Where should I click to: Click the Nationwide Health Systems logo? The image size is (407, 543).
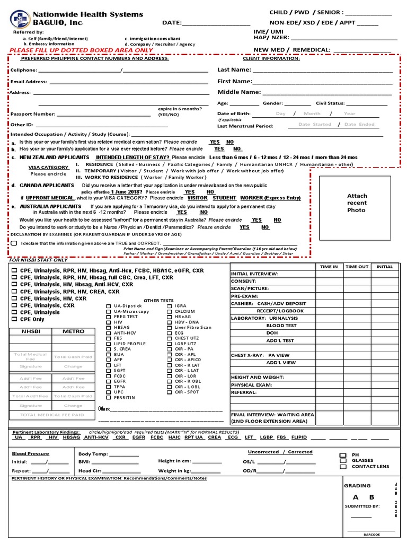click(20, 20)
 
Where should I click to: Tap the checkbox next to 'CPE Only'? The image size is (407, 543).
click(15, 320)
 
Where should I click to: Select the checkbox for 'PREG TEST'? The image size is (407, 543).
click(109, 317)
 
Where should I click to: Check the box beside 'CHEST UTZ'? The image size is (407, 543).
click(170, 338)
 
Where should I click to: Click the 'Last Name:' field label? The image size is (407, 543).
click(234, 70)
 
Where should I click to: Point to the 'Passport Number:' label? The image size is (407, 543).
click(32, 114)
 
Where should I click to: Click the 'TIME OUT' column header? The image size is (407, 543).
click(357, 267)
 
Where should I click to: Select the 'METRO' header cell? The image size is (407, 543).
click(73, 331)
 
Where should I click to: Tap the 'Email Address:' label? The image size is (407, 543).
click(29, 82)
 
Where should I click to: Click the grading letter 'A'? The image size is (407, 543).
click(356, 497)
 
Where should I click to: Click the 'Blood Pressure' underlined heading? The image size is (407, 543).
click(30, 454)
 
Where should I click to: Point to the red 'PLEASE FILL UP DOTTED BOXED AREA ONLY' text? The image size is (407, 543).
click(81, 50)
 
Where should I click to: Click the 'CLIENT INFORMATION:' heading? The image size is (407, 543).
click(271, 58)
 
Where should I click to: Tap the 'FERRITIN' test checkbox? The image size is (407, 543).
click(109, 398)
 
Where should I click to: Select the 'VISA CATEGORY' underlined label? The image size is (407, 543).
click(48, 168)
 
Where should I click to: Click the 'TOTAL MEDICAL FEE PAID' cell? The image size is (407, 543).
click(52, 415)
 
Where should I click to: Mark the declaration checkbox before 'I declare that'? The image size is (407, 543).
click(14, 243)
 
